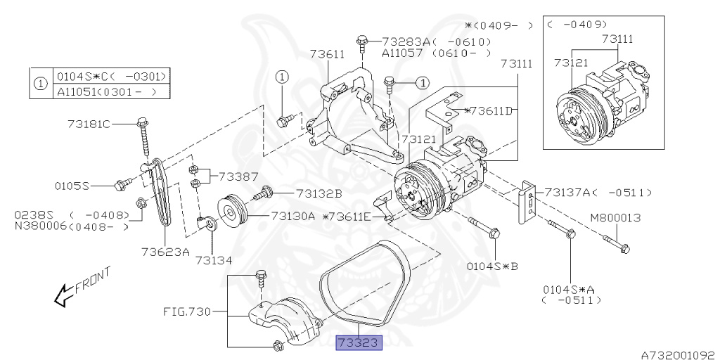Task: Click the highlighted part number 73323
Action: pyautogui.click(x=359, y=342)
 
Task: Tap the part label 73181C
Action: pyautogui.click(x=89, y=124)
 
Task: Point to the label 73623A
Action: pyautogui.click(x=165, y=252)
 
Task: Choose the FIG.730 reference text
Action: pyautogui.click(x=187, y=311)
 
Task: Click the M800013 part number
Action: pyautogui.click(x=616, y=218)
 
